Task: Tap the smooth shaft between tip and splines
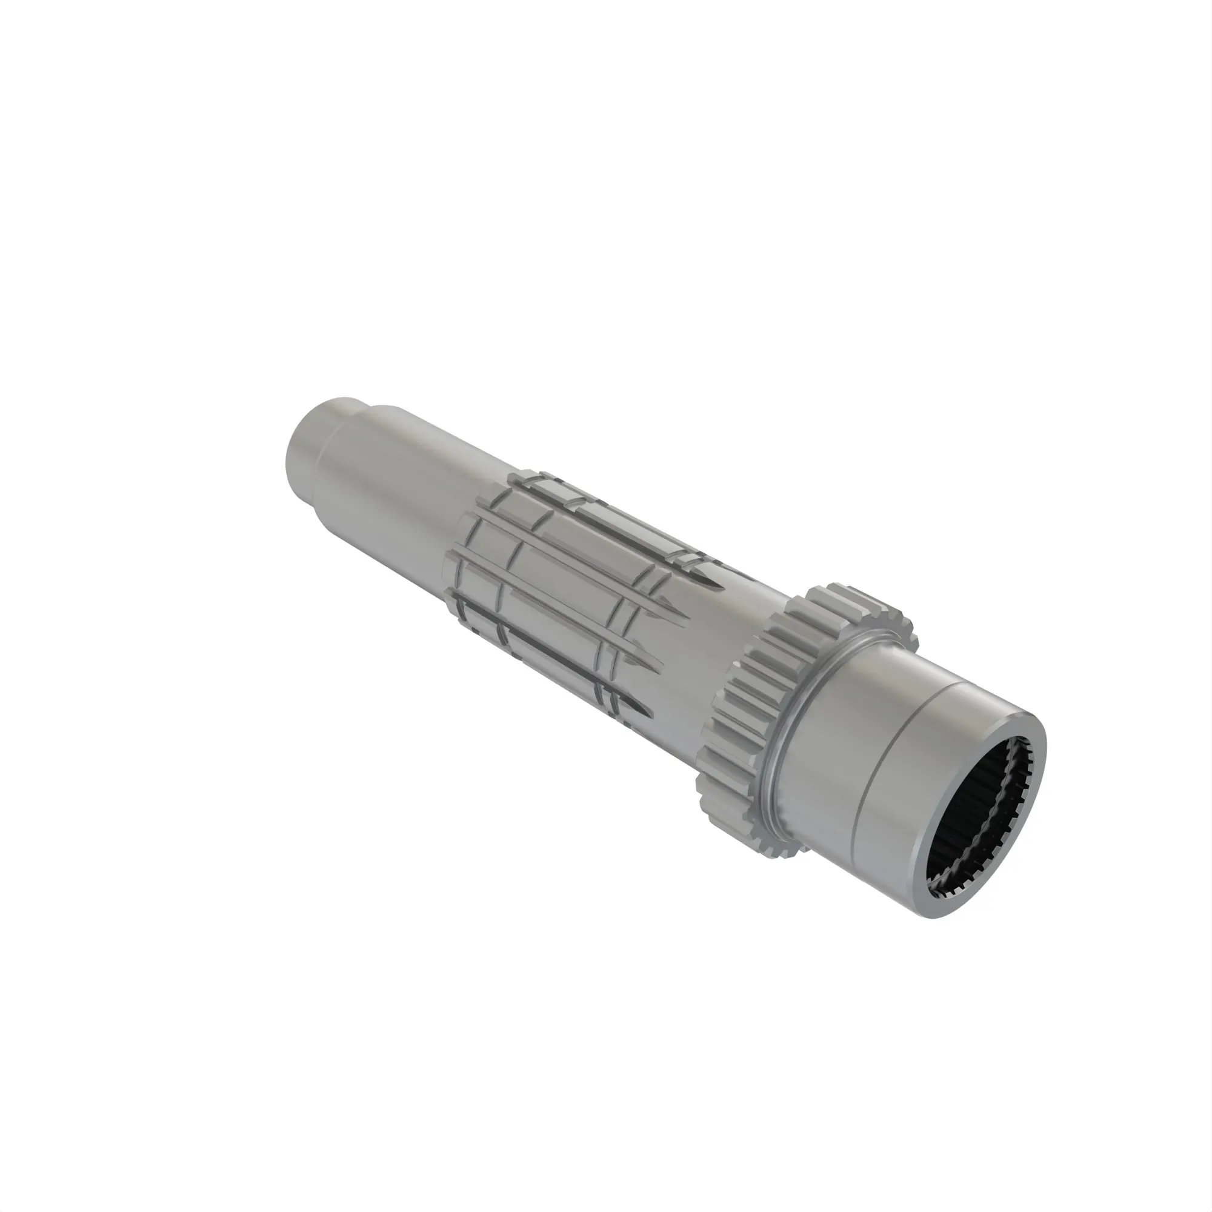(395, 496)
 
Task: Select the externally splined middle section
(552, 596)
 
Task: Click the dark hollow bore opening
(979, 828)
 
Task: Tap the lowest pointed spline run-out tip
(649, 716)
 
